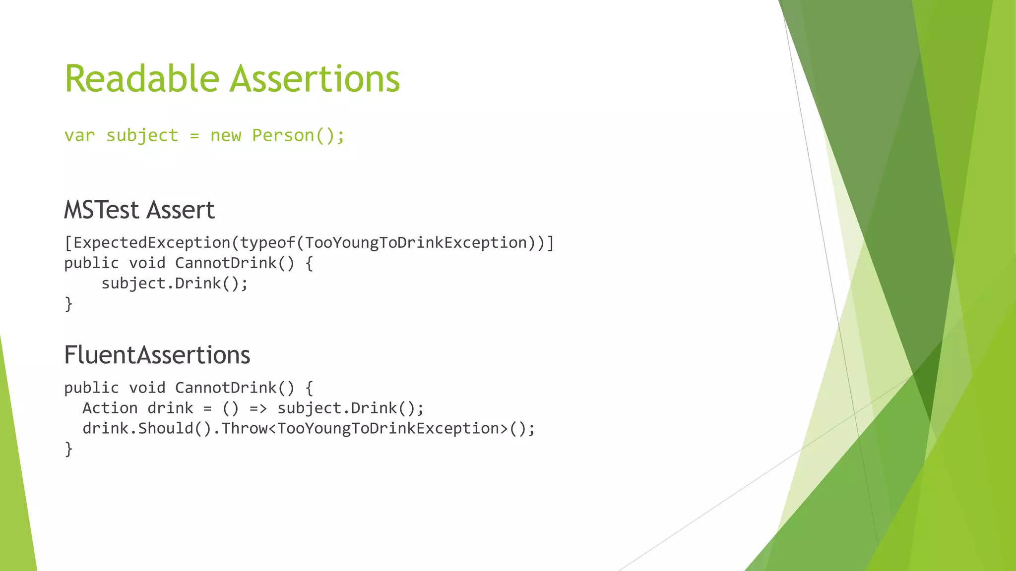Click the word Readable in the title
click(142, 79)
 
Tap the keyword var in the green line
click(79, 135)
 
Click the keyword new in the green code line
click(226, 135)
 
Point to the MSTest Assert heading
click(139, 210)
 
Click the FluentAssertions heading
click(157, 355)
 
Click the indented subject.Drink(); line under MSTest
click(174, 284)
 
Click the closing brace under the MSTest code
click(68, 303)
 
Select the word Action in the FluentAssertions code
click(110, 408)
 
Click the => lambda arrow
click(258, 408)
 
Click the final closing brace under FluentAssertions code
click(68, 449)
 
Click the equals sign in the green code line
click(194, 136)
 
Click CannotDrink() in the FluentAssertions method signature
click(234, 388)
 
